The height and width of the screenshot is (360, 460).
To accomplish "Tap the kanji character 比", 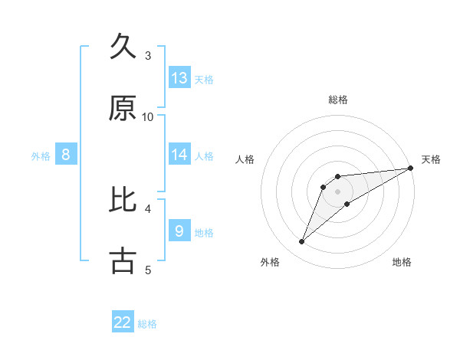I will [123, 199].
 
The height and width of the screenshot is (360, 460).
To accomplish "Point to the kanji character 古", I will [123, 260].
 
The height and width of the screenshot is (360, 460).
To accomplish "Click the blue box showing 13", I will [179, 77].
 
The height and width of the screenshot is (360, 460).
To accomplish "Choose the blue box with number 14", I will [179, 155].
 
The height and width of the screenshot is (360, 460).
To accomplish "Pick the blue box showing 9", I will [179, 231].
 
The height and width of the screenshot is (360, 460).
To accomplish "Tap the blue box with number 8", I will [66, 155].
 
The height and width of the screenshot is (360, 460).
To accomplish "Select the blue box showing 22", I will [123, 322].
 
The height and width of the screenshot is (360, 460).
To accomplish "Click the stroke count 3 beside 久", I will [148, 55].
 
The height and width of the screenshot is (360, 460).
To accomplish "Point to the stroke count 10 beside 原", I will [148, 116].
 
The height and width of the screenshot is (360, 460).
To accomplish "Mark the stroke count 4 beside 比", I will [148, 208].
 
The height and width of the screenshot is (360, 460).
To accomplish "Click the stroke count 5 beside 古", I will [148, 270].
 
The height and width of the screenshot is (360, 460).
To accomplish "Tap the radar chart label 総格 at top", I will [338, 100].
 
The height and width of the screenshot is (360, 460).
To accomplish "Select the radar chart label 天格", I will [431, 159].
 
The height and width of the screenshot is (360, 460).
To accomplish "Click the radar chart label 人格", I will [245, 159].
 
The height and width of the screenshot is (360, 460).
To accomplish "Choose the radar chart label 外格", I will [270, 262].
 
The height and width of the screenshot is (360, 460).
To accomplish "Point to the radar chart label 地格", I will [402, 262].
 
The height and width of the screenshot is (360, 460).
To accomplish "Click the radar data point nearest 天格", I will [410, 168].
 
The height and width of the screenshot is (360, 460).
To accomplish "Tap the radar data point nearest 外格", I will [301, 242].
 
